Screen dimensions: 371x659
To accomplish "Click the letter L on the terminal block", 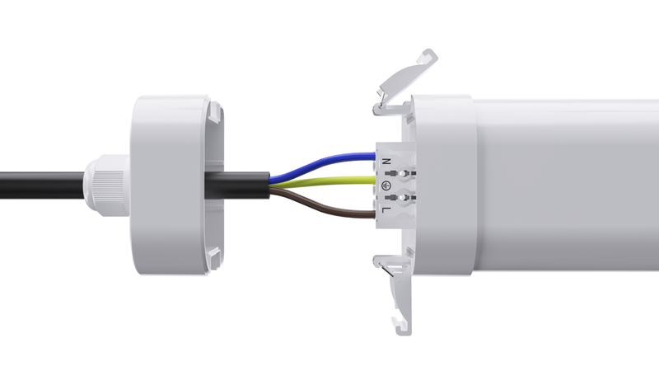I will tap(386, 212).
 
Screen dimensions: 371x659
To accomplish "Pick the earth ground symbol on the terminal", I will tap(386, 186).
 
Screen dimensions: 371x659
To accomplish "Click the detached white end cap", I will tap(169, 185).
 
